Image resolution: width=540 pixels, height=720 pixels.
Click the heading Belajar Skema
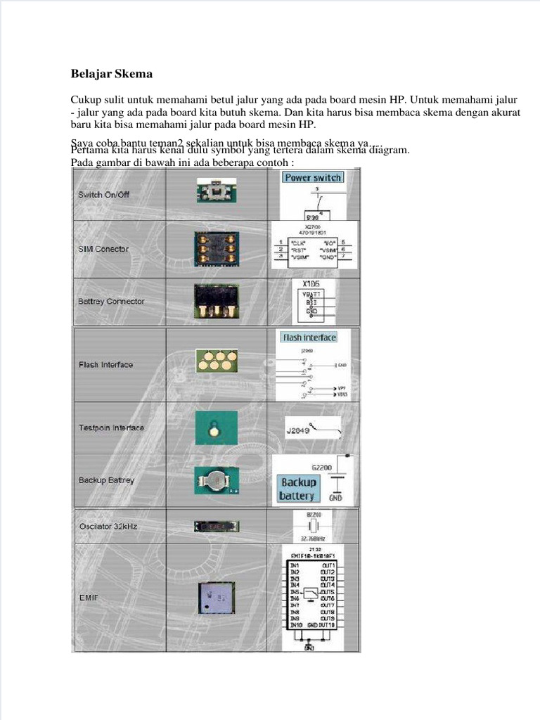pyautogui.click(x=112, y=73)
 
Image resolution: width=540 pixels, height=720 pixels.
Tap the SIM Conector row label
pyautogui.click(x=103, y=249)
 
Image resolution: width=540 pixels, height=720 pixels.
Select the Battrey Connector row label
pyautogui.click(x=111, y=302)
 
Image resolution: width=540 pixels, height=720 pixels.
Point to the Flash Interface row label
pyautogui.click(x=105, y=365)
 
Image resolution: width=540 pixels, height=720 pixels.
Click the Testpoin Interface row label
pyautogui.click(x=111, y=427)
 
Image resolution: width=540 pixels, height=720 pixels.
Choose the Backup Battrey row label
pyautogui.click(x=106, y=480)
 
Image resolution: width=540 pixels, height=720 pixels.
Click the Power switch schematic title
pyautogui.click(x=313, y=178)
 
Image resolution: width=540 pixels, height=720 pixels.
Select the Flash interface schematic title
pyautogui.click(x=309, y=337)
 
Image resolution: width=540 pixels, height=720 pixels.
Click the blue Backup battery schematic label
pyautogui.click(x=298, y=489)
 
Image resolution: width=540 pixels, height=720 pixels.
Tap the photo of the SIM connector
pyautogui.click(x=217, y=248)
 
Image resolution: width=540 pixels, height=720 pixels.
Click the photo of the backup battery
pyautogui.click(x=217, y=481)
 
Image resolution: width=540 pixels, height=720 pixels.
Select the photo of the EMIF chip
pyautogui.click(x=217, y=598)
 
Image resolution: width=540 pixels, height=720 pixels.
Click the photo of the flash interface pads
pyautogui.click(x=217, y=361)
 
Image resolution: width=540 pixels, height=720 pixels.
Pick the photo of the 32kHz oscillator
pyautogui.click(x=217, y=526)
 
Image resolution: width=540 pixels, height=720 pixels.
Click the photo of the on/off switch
pyautogui.click(x=217, y=191)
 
